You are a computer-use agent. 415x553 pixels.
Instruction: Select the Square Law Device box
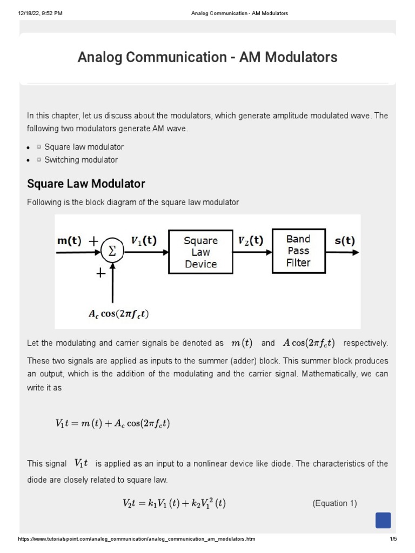pyautogui.click(x=200, y=252)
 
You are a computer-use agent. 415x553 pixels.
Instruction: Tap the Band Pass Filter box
pyautogui.click(x=298, y=251)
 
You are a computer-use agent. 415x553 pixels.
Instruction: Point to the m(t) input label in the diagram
pyautogui.click(x=69, y=241)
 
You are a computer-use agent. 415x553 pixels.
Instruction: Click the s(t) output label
pyautogui.click(x=345, y=241)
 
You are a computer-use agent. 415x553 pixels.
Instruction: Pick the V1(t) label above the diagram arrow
pyautogui.click(x=144, y=241)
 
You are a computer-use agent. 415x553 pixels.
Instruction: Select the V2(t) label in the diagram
pyautogui.click(x=251, y=241)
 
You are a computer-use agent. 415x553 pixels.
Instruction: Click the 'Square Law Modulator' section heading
pyautogui.click(x=86, y=184)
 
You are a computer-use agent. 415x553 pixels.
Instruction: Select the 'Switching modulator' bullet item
pyautogui.click(x=81, y=160)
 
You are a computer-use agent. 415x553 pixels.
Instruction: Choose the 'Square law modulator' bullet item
pyautogui.click(x=84, y=147)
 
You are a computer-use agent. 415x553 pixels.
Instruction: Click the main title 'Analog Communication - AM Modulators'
pyautogui.click(x=207, y=57)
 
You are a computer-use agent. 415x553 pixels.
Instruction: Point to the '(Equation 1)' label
pyautogui.click(x=334, y=503)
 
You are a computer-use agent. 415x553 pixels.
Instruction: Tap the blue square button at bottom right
pyautogui.click(x=383, y=520)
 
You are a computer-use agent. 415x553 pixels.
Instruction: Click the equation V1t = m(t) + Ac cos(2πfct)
pyautogui.click(x=112, y=424)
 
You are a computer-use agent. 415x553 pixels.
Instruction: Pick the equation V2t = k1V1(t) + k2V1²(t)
pyautogui.click(x=174, y=504)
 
